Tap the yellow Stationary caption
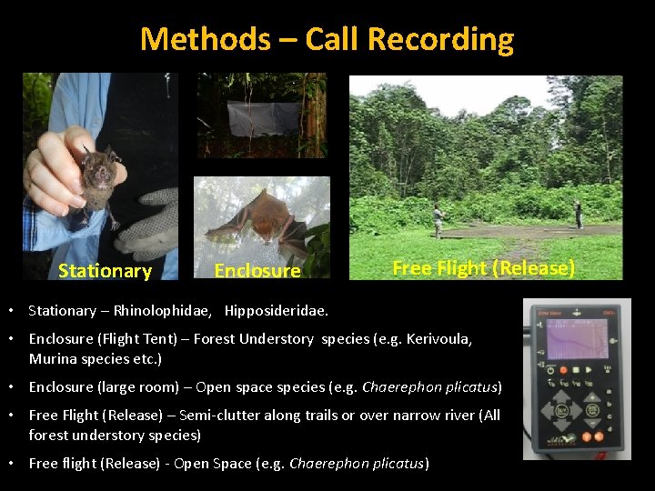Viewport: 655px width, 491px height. (x=105, y=271)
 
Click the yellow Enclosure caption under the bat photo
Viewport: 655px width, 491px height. (x=257, y=271)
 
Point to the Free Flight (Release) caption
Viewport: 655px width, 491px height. (x=483, y=268)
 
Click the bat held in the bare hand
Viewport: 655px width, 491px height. (x=96, y=177)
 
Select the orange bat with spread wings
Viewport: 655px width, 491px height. (x=259, y=218)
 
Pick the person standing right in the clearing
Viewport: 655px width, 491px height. (x=578, y=214)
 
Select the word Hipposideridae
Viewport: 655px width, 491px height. (x=277, y=311)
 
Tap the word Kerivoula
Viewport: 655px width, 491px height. (x=439, y=339)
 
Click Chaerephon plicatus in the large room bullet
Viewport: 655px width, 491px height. (x=430, y=387)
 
